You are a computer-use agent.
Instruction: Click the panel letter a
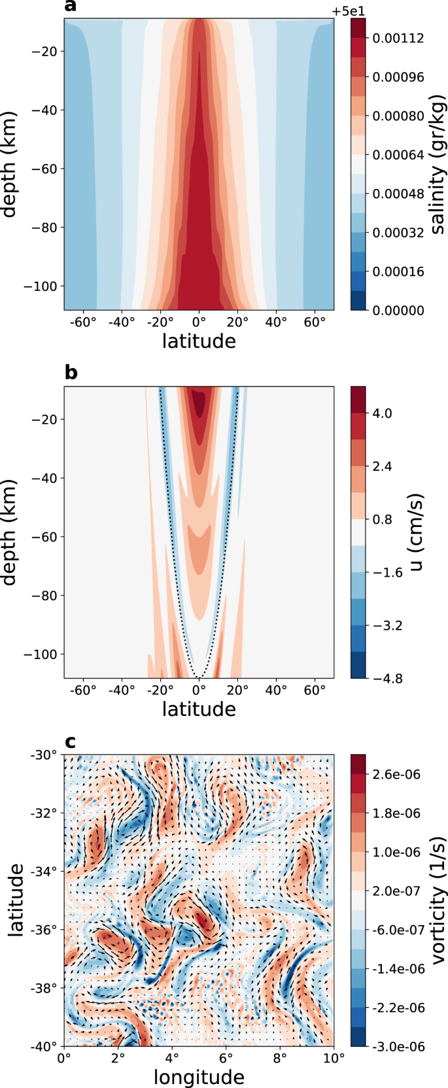pos(71,7)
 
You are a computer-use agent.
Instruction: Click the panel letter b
pos(71,373)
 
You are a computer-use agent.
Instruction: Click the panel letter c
pos(71,741)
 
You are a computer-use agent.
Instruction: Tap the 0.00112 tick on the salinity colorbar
pos(398,39)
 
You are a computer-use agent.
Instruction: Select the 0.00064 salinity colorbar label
pos(398,155)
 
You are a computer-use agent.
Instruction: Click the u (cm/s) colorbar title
pos(417,532)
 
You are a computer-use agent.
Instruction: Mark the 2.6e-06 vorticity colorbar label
pos(396,775)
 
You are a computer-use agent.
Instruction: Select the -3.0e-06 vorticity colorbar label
pos(398,1047)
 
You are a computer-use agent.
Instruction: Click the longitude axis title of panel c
pos(199,1078)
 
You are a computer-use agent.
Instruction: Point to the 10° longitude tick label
pos(334,1057)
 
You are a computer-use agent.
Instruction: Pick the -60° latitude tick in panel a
pos(82,322)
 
